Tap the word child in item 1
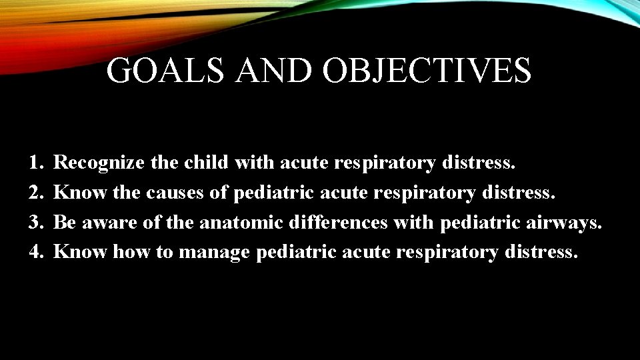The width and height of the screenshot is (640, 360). [x=206, y=162]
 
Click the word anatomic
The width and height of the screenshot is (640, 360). [x=242, y=222]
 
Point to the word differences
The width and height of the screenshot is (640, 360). [x=339, y=222]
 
